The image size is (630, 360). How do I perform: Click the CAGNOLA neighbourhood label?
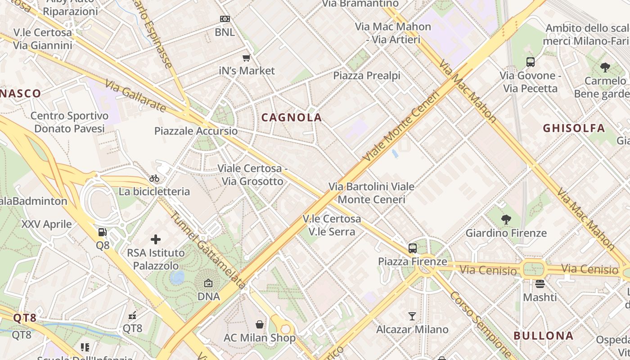pyautogui.click(x=292, y=118)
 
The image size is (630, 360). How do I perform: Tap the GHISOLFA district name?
pyautogui.click(x=574, y=128)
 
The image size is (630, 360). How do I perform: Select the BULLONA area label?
pyautogui.click(x=543, y=336)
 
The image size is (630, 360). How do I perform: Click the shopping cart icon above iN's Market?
pyautogui.click(x=246, y=58)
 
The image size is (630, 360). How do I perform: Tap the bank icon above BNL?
pyautogui.click(x=225, y=19)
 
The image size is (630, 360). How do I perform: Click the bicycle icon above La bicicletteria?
pyautogui.click(x=154, y=178)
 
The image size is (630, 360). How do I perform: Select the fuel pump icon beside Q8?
pyautogui.click(x=103, y=232)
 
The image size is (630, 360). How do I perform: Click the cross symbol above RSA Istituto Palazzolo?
pyautogui.click(x=156, y=239)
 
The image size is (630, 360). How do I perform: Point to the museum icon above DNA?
pyautogui.click(x=208, y=283)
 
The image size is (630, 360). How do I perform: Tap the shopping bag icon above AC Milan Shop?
pyautogui.click(x=260, y=324)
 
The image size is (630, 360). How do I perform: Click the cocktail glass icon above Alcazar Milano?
pyautogui.click(x=412, y=316)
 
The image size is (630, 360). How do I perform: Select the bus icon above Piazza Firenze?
pyautogui.click(x=412, y=248)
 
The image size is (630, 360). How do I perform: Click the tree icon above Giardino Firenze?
pyautogui.click(x=506, y=220)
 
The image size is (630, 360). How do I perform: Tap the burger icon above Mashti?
pyautogui.click(x=540, y=284)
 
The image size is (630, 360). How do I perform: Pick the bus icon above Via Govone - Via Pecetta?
pyautogui.click(x=530, y=62)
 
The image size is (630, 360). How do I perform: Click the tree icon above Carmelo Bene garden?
pyautogui.click(x=605, y=67)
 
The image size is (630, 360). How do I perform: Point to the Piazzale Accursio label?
pyautogui.click(x=196, y=131)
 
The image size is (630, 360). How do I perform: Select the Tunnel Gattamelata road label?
pyautogui.click(x=207, y=250)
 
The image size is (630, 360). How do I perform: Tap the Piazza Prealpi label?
pyautogui.click(x=366, y=76)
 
